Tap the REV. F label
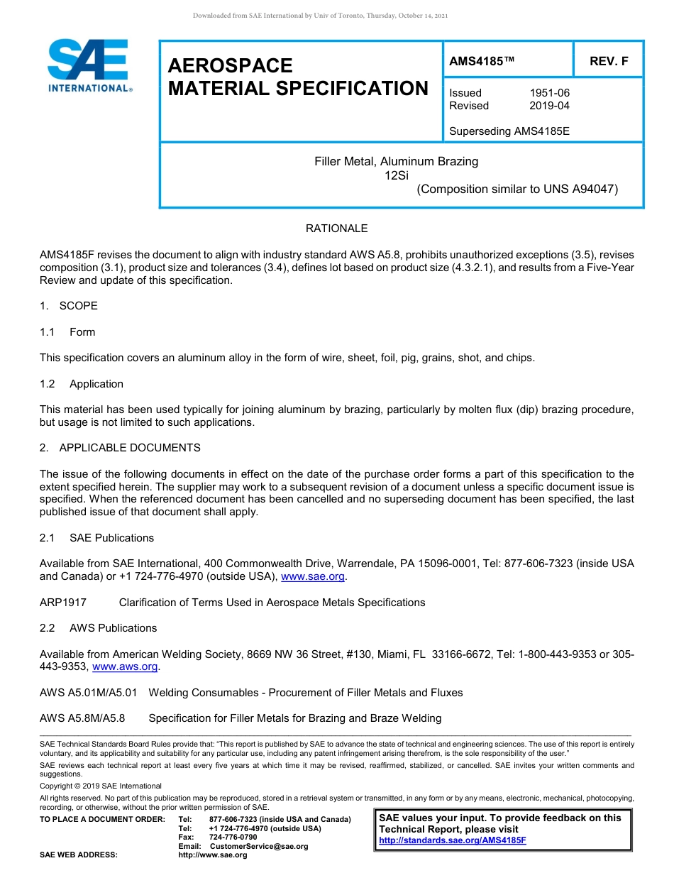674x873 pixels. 609,62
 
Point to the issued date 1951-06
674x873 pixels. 549,93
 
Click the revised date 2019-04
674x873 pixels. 549,106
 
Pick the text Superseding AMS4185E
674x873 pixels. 509,131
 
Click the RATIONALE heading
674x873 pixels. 336,229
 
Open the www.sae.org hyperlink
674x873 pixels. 313,577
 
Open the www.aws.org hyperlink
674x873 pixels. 125,667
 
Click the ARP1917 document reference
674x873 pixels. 63,603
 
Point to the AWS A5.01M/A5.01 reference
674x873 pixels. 88,693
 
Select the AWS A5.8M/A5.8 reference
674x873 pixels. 82,718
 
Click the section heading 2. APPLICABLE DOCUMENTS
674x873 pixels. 120,448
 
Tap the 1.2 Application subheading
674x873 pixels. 82,384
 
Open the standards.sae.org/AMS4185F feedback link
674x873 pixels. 453,840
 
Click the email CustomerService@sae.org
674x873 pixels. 259,846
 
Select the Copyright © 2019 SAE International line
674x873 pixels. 101,786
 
